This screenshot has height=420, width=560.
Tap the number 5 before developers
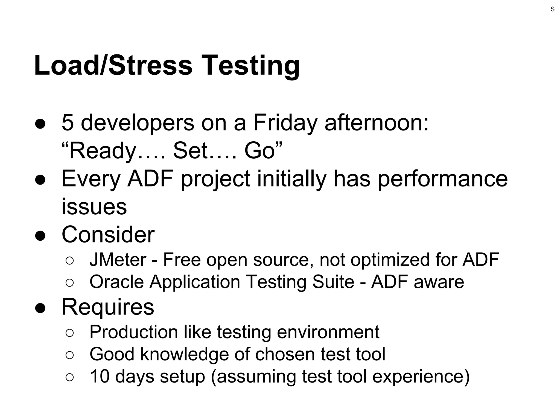click(68, 122)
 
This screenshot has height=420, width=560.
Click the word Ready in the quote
click(103, 151)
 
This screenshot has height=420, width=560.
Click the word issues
click(94, 207)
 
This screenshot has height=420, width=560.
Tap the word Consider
click(108, 235)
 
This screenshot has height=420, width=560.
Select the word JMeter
click(118, 259)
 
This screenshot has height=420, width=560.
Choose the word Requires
click(108, 307)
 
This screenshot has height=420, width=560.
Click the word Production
click(134, 332)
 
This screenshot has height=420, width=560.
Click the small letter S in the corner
click(553, 9)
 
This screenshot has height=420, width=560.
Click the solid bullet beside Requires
click(40, 308)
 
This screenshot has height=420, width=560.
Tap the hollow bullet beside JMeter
click(70, 261)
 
